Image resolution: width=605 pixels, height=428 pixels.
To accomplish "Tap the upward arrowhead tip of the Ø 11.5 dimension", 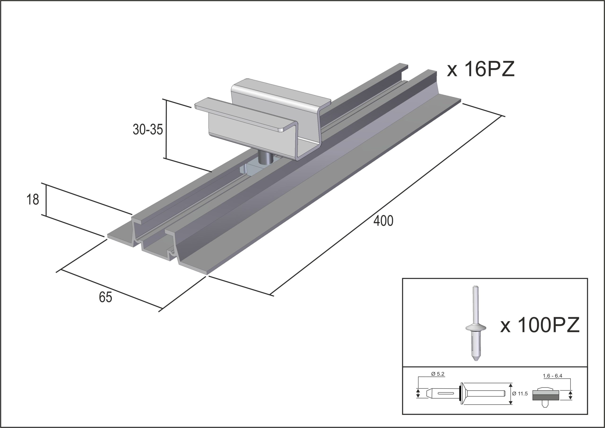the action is (511, 391).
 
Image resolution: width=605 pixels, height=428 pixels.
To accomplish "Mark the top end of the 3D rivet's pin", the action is (475, 287).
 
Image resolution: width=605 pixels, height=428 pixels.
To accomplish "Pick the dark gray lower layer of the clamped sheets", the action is (545, 404).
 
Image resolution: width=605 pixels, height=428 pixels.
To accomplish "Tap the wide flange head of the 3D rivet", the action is (476, 328).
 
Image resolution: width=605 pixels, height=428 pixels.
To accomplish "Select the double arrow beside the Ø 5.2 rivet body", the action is (418, 401).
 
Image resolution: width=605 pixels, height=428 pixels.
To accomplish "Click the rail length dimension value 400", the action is (383, 221).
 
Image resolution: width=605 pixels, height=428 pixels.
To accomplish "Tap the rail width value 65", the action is (105, 297).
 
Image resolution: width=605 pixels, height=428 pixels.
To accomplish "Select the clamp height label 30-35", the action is (148, 129).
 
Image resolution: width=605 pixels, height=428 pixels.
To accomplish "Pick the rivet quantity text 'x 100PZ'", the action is (540, 325).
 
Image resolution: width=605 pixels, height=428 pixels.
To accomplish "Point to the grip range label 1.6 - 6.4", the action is (553, 376).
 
